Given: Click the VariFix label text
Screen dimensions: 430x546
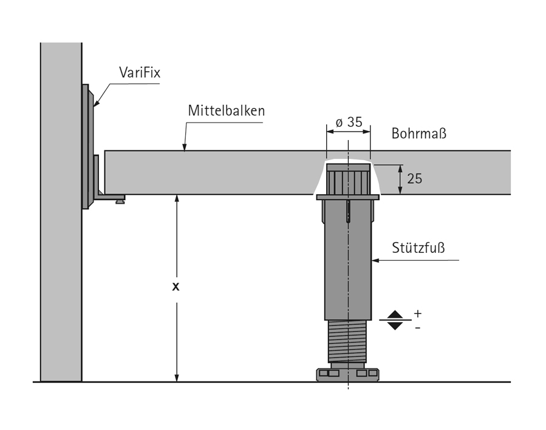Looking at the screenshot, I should point(139,73).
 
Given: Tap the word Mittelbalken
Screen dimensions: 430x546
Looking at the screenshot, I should point(226,111).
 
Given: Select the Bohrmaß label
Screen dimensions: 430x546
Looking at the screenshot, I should point(419,133).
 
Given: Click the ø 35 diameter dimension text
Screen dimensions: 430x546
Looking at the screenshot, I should point(349,122).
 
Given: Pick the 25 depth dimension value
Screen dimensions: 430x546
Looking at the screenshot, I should point(415,179).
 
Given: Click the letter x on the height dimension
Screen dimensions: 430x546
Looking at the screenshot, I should point(176,287).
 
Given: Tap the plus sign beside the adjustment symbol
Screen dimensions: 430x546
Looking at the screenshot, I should point(417,314).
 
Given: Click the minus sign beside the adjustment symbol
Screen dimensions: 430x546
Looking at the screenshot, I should point(417,328).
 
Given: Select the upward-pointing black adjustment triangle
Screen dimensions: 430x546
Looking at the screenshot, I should point(395,314).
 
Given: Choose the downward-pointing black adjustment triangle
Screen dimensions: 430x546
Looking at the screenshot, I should point(395,326).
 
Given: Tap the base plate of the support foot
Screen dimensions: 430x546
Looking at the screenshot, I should point(347,374).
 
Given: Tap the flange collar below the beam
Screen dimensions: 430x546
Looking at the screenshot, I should point(347,197).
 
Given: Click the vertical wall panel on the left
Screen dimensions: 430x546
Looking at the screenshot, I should point(61,212).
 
